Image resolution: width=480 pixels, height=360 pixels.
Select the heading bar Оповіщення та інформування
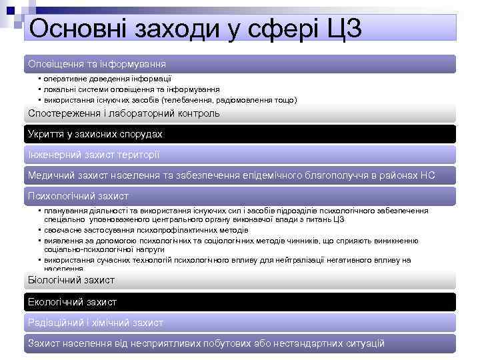tap(97, 64)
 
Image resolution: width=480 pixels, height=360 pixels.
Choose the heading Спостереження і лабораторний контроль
tap(123, 113)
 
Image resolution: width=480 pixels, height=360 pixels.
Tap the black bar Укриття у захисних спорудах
tap(95, 134)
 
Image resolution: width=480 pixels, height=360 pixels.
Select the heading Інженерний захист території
tap(93, 155)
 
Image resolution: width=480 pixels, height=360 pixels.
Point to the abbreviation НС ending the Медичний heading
tap(427, 175)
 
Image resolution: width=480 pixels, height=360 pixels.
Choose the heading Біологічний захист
tap(71, 280)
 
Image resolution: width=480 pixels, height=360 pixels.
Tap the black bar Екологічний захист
tap(72, 302)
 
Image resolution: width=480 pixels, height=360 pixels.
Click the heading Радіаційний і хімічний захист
tap(95, 323)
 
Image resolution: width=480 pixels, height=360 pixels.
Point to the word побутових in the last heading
tap(219, 343)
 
